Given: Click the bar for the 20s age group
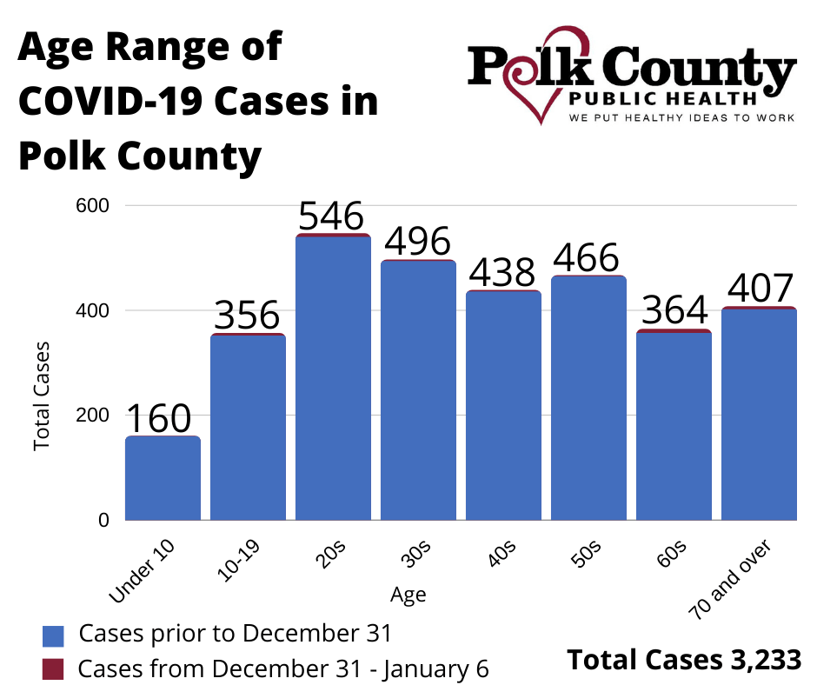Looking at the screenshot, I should point(333,378).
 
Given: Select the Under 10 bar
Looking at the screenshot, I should point(163,478).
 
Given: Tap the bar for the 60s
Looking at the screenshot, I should point(674,426).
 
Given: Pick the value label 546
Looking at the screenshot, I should point(331,215).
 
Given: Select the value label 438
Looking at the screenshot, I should point(502,273).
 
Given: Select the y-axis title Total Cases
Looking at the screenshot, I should point(42,396).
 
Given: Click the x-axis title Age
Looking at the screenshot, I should point(408,595).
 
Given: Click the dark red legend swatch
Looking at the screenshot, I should point(54,668).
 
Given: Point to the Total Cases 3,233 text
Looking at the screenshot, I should point(684,660).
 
